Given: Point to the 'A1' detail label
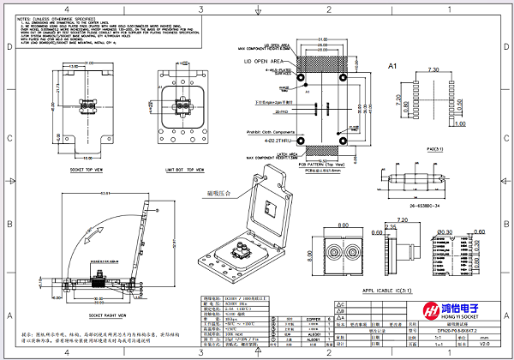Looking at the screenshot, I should point(394,66).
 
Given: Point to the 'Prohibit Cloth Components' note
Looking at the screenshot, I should point(264,130).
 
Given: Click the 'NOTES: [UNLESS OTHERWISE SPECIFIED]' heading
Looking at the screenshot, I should point(52,17).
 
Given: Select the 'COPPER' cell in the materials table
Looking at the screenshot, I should point(313,320).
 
